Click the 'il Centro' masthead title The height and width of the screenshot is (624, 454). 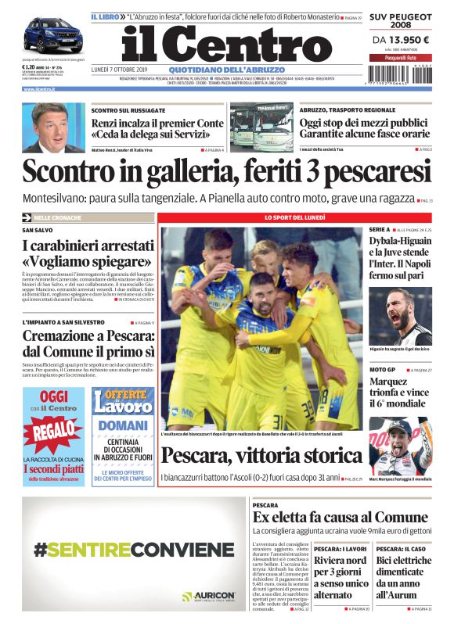(216, 43)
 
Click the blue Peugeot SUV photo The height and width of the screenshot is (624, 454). (53, 34)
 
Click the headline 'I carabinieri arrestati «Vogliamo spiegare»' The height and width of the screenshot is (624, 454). (86, 253)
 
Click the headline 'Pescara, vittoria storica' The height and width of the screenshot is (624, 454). (261, 455)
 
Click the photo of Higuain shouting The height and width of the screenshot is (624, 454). (399, 317)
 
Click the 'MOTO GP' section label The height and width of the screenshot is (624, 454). (382, 369)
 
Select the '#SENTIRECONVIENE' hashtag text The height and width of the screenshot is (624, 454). (133, 549)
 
